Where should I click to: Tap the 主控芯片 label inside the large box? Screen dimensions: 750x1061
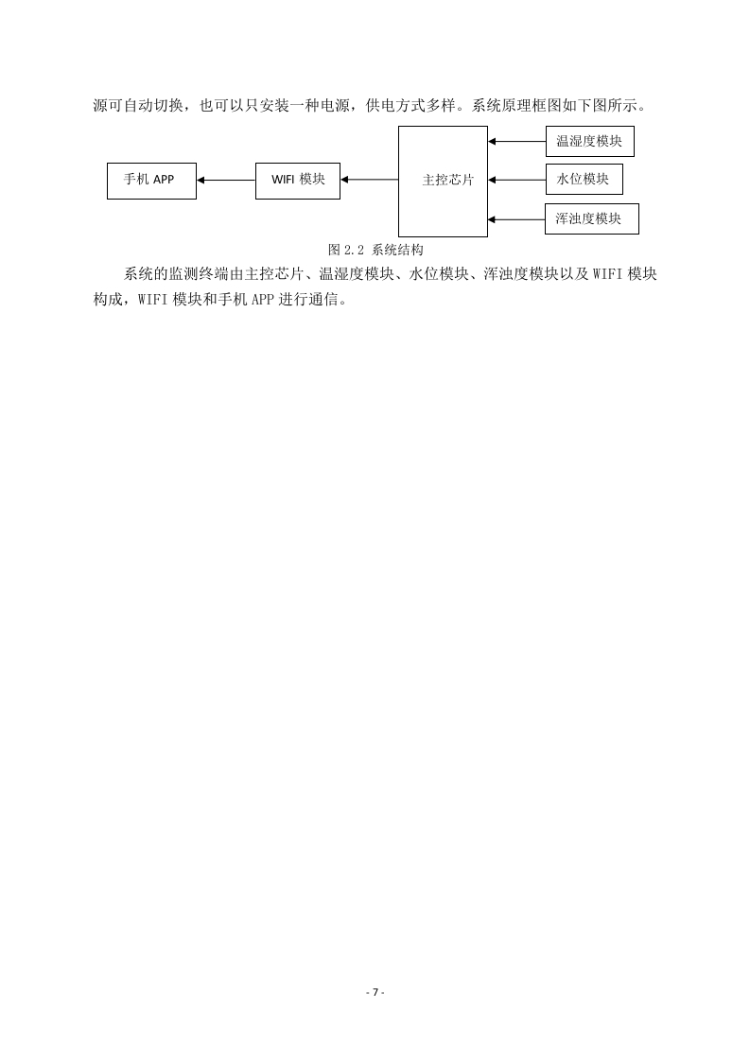pos(448,180)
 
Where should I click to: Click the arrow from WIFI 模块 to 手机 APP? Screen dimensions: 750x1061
pos(226,181)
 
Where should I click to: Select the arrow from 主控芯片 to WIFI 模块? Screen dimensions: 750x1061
pos(370,180)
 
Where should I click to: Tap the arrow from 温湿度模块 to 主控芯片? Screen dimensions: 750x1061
pos(517,142)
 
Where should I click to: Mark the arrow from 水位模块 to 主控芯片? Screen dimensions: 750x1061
pos(517,180)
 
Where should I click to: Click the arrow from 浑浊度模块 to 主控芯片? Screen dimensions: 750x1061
pos(516,219)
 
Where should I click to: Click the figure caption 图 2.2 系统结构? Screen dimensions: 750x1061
pos(375,250)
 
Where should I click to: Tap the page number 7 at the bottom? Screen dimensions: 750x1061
pos(375,993)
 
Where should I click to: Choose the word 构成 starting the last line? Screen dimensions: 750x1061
pos(109,299)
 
